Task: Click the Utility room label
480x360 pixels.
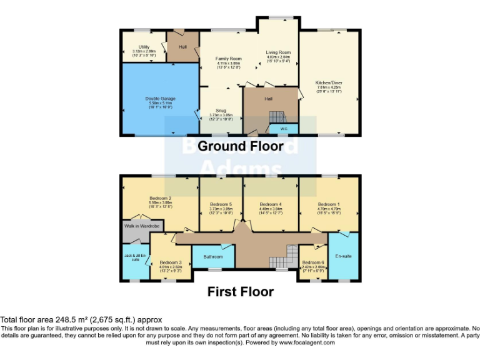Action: coord(144,47)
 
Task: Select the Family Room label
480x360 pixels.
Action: coord(229,59)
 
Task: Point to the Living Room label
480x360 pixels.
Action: coord(278,52)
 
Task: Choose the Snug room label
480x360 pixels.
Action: coord(221,111)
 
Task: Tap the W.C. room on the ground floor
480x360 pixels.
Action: coord(283,129)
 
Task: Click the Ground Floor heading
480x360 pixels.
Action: coord(241,146)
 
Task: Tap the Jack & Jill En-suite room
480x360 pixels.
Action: coord(135,257)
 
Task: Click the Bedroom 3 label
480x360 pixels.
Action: coord(170,262)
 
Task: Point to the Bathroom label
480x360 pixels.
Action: coord(212,257)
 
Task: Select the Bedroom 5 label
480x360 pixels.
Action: coord(221,204)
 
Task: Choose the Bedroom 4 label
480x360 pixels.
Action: coord(271,204)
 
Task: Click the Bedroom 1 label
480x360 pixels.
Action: coord(329,204)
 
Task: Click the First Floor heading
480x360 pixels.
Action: coord(241,291)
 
